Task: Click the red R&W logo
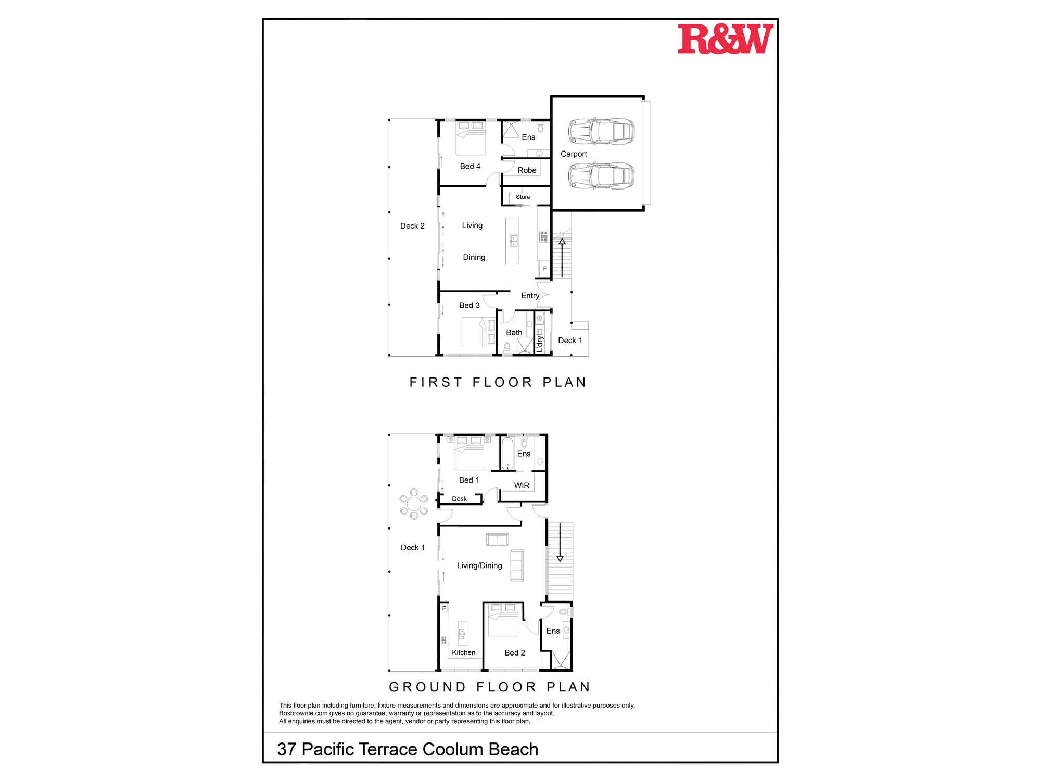coord(725,39)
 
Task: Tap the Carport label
coord(574,154)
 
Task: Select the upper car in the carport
coord(601,131)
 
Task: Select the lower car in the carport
coord(601,175)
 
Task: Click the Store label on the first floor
coord(523,197)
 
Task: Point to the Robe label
coord(527,170)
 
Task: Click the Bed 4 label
coord(470,167)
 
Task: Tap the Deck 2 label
coord(412,226)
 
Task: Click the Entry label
coord(530,296)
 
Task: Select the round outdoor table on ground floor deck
coord(414,504)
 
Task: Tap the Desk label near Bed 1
coord(459,499)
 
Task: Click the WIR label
coord(522,486)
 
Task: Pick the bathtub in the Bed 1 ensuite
coord(507,454)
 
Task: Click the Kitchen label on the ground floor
coord(463,653)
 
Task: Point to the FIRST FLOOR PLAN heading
coord(498,383)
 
